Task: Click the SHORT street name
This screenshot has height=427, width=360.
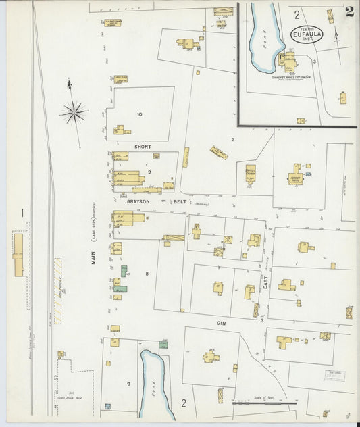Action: coord(143,146)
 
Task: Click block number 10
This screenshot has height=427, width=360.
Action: coord(139,114)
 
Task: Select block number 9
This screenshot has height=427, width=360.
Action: coord(149,172)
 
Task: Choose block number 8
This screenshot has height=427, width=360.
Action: coord(146,273)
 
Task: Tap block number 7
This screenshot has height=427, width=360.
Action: coord(128,384)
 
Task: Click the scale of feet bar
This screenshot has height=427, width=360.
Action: coord(264,403)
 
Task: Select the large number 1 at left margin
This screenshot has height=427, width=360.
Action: coord(22,214)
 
